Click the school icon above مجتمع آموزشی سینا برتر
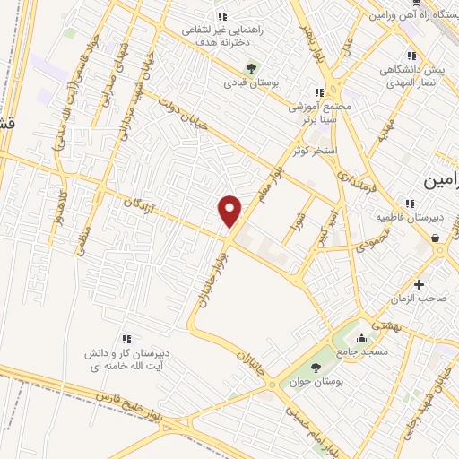point(319,92)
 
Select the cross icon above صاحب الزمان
point(419,284)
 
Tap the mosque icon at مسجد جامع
point(360,339)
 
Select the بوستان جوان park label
point(316,382)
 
